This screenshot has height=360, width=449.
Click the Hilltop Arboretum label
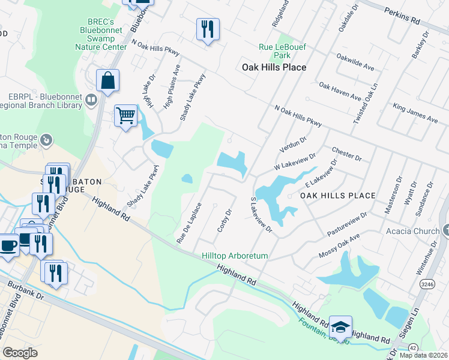(x=235, y=256)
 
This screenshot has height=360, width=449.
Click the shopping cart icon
(x=125, y=115)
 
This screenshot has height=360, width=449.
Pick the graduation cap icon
(x=340, y=326)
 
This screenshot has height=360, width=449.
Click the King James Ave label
(x=415, y=113)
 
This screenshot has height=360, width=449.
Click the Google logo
(x=20, y=353)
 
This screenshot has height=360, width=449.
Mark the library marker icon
(x=91, y=100)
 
